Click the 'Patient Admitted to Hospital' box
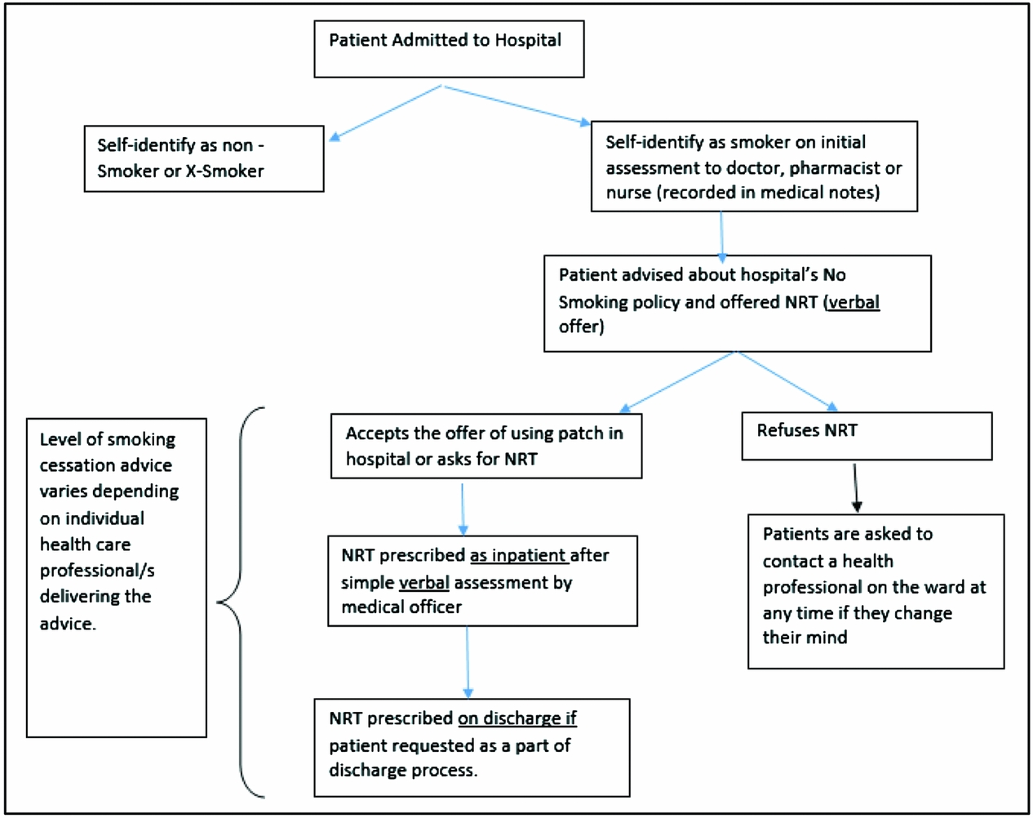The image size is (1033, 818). click(x=449, y=49)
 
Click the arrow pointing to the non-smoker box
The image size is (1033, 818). click(x=383, y=113)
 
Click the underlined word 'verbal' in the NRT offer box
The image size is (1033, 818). click(x=853, y=302)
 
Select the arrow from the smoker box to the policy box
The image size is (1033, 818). click(x=721, y=234)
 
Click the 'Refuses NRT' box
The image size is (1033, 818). click(x=866, y=435)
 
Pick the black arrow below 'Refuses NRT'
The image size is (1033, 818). click(x=855, y=487)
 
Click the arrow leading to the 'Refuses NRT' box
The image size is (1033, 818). click(x=785, y=380)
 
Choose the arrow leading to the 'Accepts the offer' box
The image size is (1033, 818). click(x=677, y=381)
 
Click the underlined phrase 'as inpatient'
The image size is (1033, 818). click(x=518, y=556)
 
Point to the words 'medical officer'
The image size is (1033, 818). click(x=401, y=607)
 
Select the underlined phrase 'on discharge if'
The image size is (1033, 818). click(x=516, y=718)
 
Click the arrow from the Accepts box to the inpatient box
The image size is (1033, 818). click(x=463, y=507)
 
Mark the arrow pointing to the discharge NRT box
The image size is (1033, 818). click(x=468, y=662)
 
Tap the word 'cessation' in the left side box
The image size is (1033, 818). click(x=106, y=465)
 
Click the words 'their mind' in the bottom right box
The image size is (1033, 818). click(x=805, y=638)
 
